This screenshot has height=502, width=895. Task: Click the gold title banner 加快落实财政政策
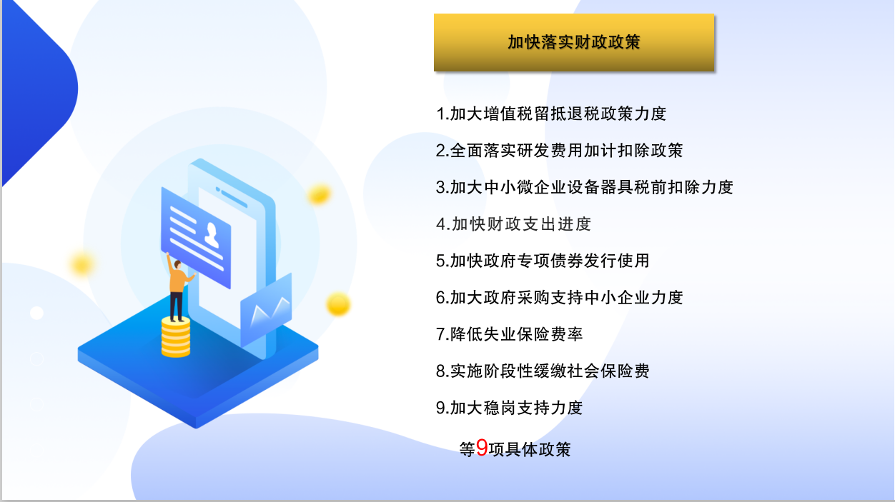pyautogui.click(x=574, y=42)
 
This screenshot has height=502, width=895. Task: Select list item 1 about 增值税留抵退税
pyautogui.click(x=551, y=114)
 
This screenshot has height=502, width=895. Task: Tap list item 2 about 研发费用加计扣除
pyautogui.click(x=559, y=151)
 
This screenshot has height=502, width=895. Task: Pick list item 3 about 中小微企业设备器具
pyautogui.click(x=585, y=187)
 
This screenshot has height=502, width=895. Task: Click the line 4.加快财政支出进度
pyautogui.click(x=513, y=224)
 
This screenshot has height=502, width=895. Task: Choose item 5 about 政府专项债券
pyautogui.click(x=543, y=261)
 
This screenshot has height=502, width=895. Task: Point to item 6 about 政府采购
pyautogui.click(x=559, y=297)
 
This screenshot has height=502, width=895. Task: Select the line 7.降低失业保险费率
pyautogui.click(x=510, y=334)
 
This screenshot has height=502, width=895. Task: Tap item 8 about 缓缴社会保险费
pyautogui.click(x=543, y=371)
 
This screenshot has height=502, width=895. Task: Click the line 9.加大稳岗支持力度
pyautogui.click(x=510, y=408)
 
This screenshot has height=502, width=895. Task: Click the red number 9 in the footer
pyautogui.click(x=482, y=448)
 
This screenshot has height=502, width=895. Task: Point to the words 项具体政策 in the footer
pyautogui.click(x=530, y=449)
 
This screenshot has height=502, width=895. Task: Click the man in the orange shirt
pyautogui.click(x=178, y=287)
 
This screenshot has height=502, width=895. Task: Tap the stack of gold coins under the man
pyautogui.click(x=176, y=337)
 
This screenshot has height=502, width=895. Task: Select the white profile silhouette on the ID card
pyautogui.click(x=212, y=235)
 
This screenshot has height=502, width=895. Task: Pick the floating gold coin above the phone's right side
pyautogui.click(x=320, y=194)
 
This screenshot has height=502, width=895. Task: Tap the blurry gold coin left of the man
pyautogui.click(x=82, y=264)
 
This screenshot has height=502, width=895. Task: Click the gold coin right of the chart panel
pyautogui.click(x=338, y=304)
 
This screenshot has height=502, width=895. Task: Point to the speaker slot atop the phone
pyautogui.click(x=232, y=197)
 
